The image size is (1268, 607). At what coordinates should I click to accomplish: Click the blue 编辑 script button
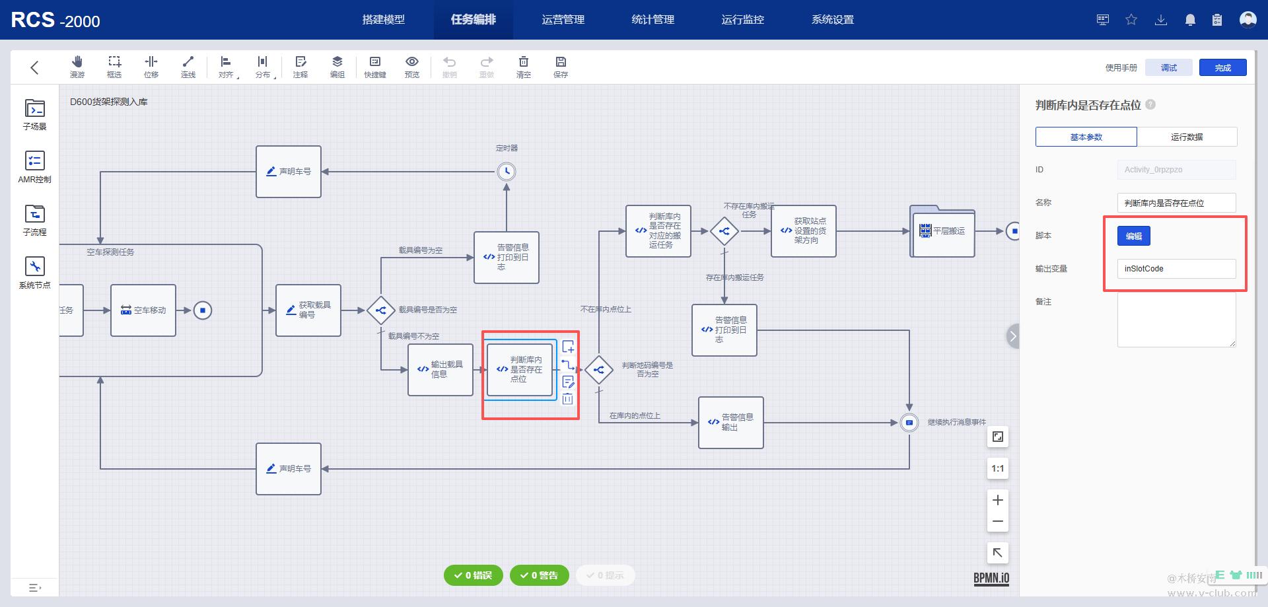point(1133,236)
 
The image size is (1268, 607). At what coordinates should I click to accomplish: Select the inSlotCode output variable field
point(1176,269)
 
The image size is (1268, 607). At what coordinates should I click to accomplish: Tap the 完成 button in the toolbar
point(1222,67)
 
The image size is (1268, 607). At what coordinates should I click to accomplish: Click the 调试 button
point(1169,67)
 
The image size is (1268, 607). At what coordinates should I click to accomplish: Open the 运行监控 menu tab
point(742,20)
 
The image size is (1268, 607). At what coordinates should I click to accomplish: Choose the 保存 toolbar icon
point(561,66)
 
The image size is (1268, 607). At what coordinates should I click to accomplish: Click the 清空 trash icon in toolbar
point(523,66)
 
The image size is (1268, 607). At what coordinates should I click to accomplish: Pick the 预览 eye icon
point(411,66)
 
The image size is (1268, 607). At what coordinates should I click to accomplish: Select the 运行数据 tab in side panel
point(1186,137)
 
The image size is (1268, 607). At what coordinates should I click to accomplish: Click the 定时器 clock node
point(507,172)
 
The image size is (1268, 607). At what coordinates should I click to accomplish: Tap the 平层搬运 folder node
point(942,231)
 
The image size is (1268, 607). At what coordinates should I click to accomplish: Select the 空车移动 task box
point(143,310)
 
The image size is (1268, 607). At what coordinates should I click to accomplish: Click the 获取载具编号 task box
point(308,310)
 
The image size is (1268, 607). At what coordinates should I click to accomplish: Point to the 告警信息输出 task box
point(731,423)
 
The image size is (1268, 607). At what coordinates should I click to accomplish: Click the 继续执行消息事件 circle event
point(909,423)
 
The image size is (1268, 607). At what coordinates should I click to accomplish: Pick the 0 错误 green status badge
point(473,575)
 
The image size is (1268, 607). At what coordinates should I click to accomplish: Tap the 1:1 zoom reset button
point(997,468)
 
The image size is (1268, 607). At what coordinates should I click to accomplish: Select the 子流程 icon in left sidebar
point(35,219)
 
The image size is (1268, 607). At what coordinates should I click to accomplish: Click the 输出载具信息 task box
point(440,370)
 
